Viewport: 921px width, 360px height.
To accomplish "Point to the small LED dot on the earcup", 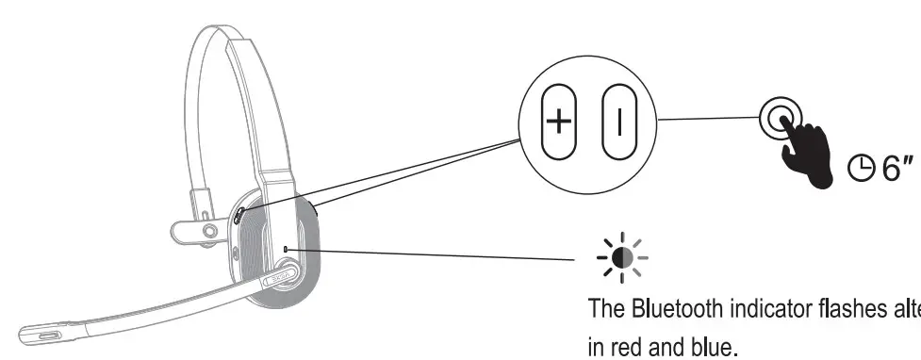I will [286, 250].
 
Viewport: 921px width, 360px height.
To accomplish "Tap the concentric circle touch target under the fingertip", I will [778, 119].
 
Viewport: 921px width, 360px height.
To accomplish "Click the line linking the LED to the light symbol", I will [434, 254].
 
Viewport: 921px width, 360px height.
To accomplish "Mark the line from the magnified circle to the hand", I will [707, 119].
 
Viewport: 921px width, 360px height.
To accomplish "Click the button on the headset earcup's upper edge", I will [237, 215].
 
